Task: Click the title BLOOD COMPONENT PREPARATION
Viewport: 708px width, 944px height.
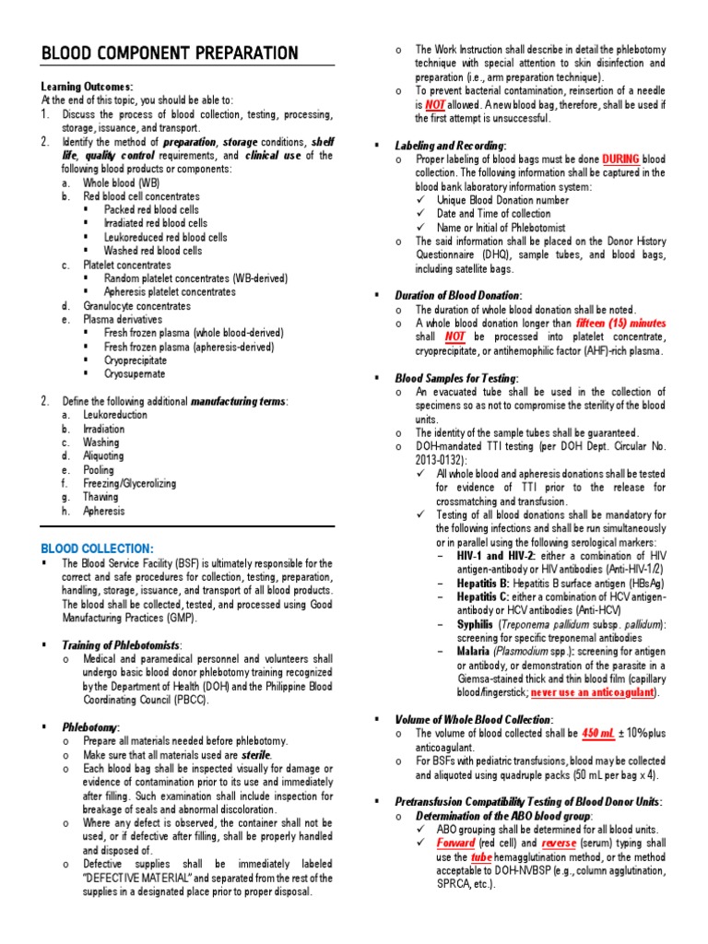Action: click(x=170, y=53)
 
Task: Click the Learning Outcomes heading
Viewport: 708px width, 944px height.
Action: click(x=88, y=87)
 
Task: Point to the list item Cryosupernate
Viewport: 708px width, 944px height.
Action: click(x=135, y=374)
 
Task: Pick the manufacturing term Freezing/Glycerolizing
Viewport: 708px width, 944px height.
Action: click(x=130, y=483)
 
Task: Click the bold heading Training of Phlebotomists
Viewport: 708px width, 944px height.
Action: click(x=122, y=644)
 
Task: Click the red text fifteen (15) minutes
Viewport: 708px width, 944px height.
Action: click(x=620, y=324)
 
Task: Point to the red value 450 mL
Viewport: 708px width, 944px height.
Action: click(x=598, y=733)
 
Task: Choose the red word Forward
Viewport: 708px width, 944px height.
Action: click(x=455, y=844)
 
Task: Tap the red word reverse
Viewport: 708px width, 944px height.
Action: click(x=559, y=844)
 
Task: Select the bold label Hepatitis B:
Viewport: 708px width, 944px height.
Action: click(x=484, y=584)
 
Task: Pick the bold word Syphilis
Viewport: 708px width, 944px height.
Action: click(x=475, y=624)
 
